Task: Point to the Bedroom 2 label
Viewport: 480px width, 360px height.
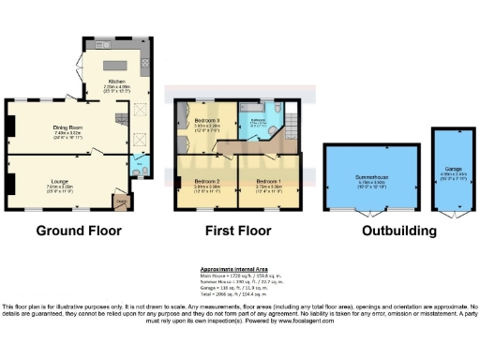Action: [x=206, y=180]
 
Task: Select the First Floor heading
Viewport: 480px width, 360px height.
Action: [x=234, y=230]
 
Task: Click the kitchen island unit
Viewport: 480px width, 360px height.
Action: [x=120, y=64]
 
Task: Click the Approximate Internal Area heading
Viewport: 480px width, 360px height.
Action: [x=240, y=267]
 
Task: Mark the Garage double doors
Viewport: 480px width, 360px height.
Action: [x=454, y=214]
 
